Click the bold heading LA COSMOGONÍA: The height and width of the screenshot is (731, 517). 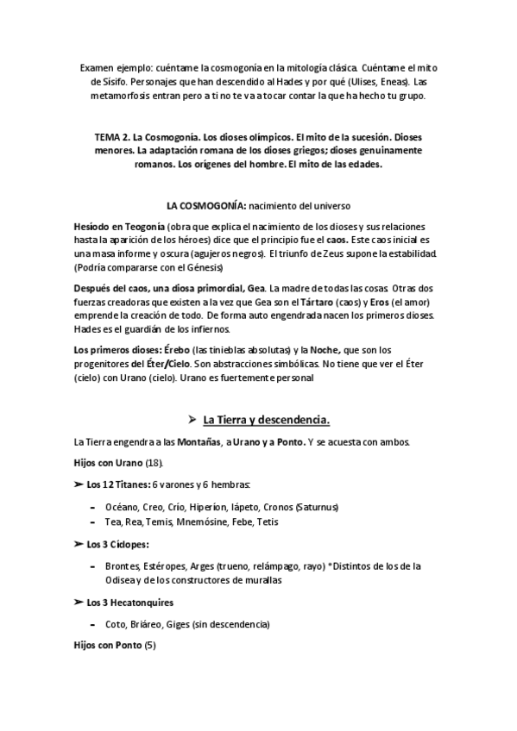205,205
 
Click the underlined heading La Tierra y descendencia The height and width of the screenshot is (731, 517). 266,420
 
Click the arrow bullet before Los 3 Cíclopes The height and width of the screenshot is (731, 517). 79,544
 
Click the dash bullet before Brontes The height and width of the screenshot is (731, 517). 92,565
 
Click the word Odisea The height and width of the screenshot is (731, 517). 121,580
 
